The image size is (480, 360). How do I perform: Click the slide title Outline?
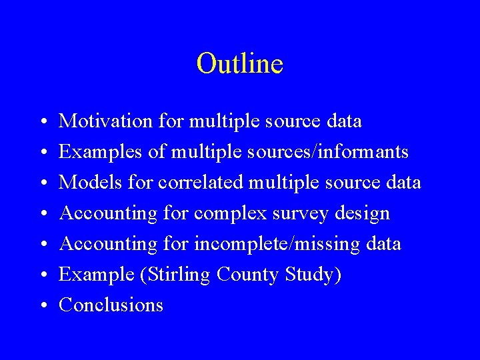pyautogui.click(x=240, y=64)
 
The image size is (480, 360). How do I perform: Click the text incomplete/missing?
pyautogui.click(x=278, y=244)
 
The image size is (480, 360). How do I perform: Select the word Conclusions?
pyautogui.click(x=111, y=305)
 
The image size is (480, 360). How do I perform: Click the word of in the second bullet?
pyautogui.click(x=157, y=152)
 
